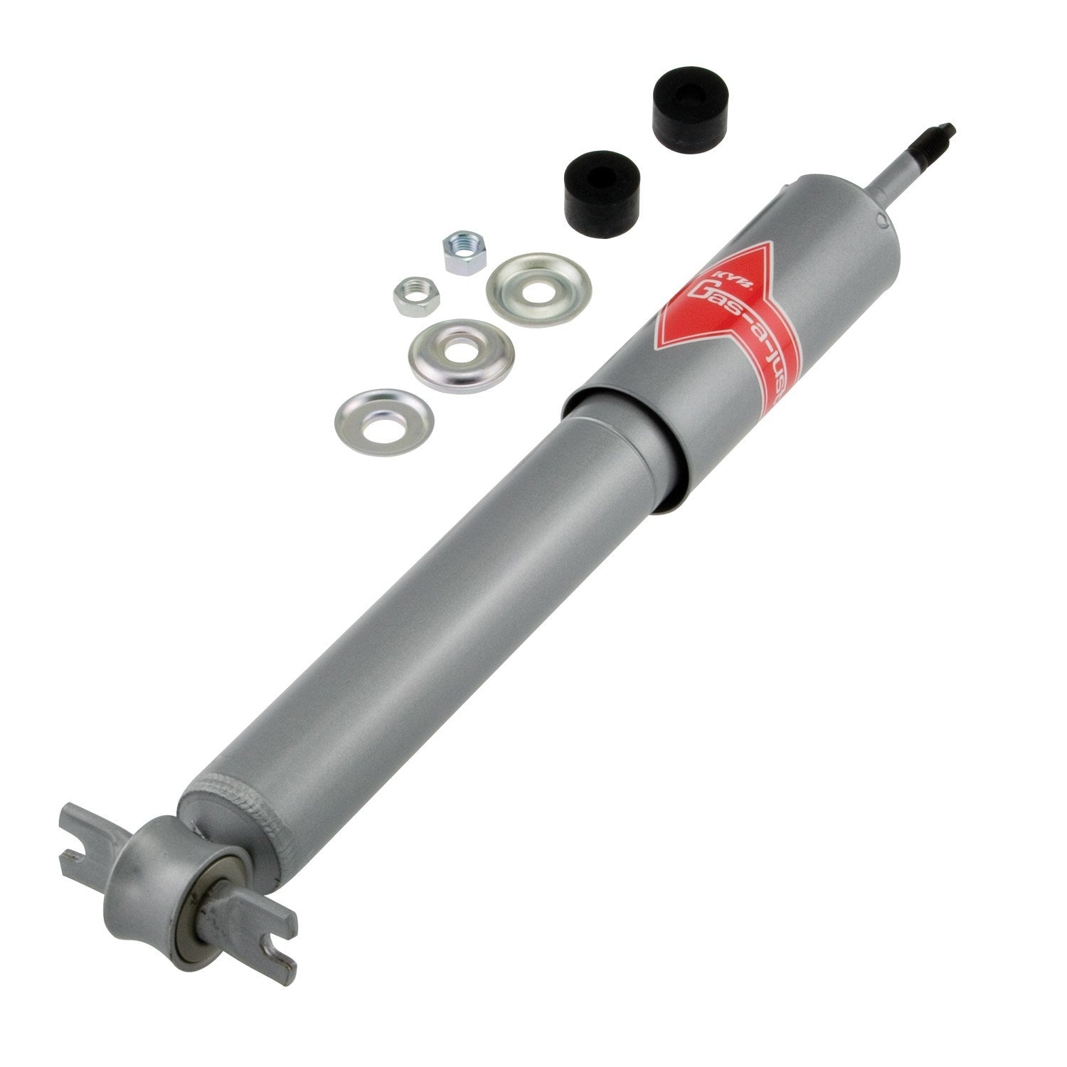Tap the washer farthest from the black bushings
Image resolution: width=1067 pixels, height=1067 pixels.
[384, 421]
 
